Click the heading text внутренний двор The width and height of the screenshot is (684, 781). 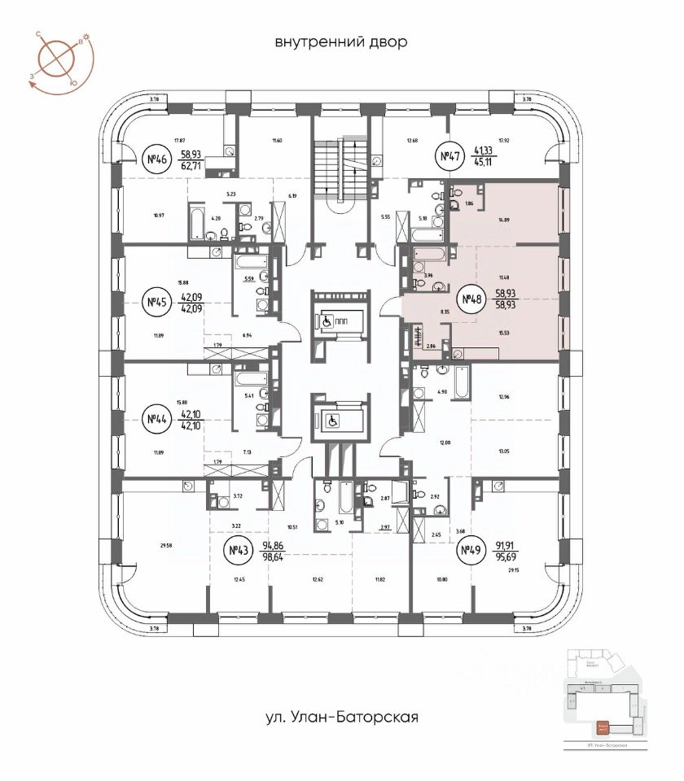click(341, 42)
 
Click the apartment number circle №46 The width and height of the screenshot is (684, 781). click(154, 158)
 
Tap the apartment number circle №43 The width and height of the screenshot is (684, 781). click(238, 552)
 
